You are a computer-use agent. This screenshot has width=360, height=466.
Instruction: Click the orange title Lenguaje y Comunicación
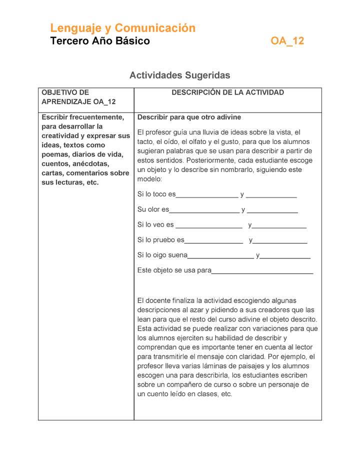(122, 28)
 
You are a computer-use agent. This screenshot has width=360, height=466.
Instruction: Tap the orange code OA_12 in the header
(287, 41)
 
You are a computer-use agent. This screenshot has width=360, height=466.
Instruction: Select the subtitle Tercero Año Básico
(100, 41)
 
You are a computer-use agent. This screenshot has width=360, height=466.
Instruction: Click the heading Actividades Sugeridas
(179, 75)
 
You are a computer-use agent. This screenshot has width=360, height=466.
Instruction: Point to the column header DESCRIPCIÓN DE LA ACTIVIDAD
(227, 92)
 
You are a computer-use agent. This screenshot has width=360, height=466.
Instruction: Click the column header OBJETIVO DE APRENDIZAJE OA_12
(78, 97)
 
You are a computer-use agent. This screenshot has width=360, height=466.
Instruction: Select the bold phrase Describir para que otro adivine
(189, 117)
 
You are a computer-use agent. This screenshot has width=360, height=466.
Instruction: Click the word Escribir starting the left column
(55, 117)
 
